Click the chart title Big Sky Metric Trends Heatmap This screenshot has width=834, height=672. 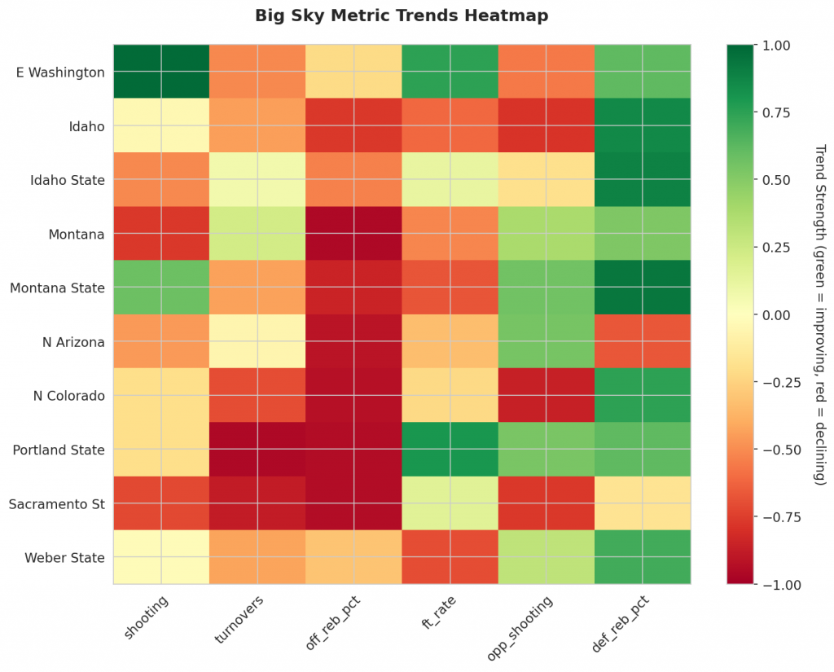(402, 15)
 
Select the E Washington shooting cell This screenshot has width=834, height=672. (161, 72)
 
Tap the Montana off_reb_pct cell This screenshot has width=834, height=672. (353, 234)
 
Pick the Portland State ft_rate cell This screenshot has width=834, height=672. (450, 450)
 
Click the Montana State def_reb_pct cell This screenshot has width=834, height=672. (643, 288)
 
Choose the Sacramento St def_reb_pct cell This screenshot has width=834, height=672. (643, 503)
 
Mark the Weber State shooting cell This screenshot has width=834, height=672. (161, 557)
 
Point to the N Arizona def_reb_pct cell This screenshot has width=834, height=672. (643, 341)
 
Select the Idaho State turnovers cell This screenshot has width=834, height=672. (257, 179)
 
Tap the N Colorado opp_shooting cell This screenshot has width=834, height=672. (546, 396)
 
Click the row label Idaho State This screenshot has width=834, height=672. (68, 180)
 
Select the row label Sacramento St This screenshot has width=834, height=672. (57, 504)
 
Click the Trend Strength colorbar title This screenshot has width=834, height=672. (820, 314)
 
